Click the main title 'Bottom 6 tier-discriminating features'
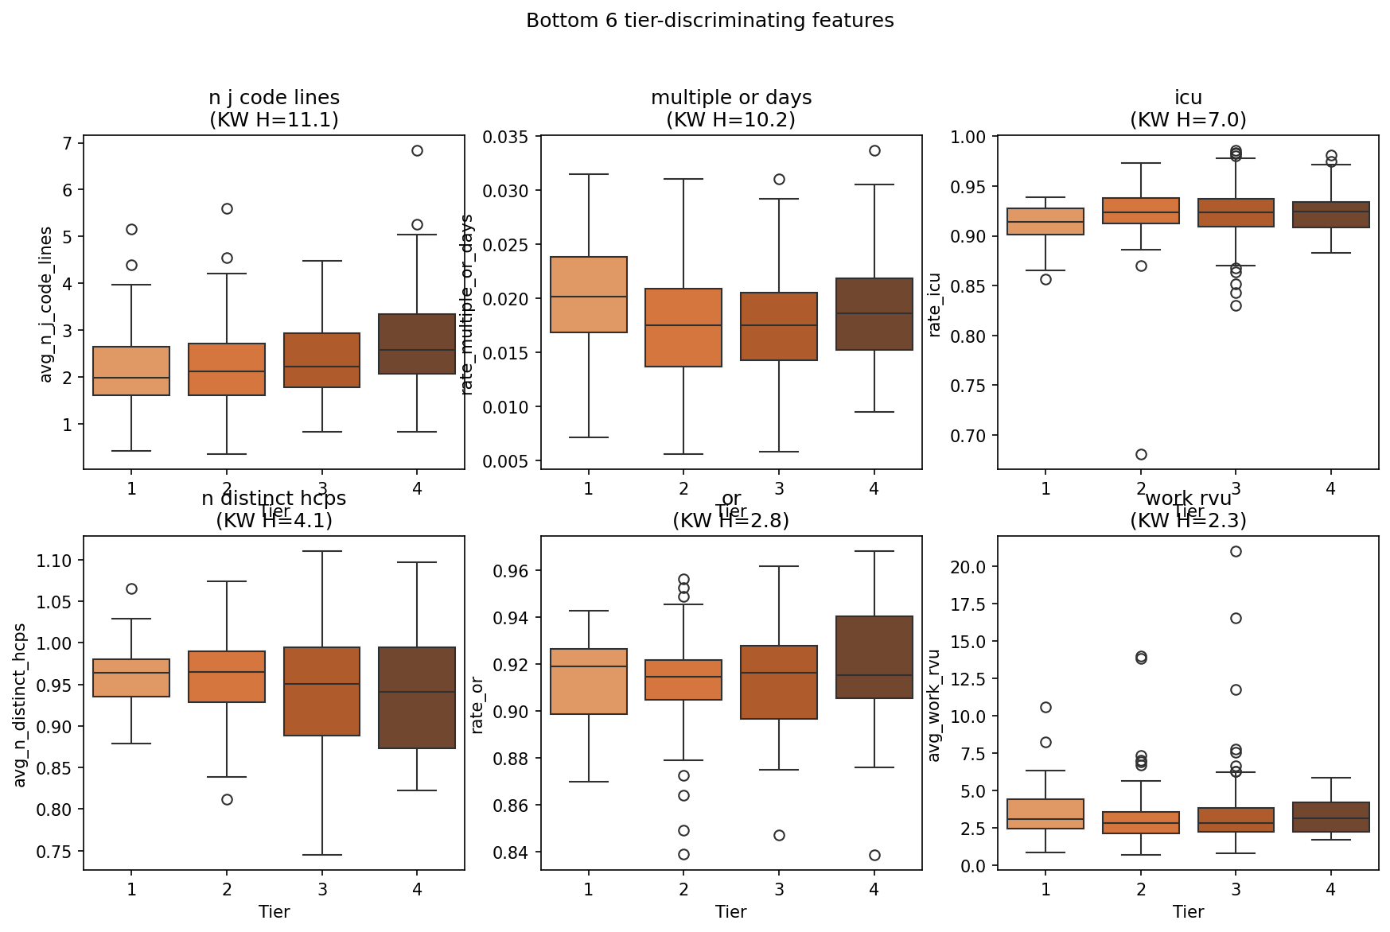point(710,21)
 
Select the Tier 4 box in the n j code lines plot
point(417,344)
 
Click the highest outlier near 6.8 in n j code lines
point(417,150)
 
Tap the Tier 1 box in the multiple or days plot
point(589,294)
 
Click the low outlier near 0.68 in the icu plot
point(1141,454)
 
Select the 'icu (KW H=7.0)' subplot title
point(1188,108)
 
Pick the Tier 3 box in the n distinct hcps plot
point(322,691)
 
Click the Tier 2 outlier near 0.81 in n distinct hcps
point(227,799)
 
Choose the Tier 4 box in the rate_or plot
point(874,657)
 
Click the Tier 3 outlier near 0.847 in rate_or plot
point(779,835)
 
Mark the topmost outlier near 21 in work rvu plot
point(1236,551)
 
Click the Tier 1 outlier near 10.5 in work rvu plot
point(1045,707)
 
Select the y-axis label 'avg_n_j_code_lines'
point(46,304)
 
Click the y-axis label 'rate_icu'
point(935,304)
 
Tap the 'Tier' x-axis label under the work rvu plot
point(1188,911)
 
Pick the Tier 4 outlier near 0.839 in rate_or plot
point(874,855)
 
